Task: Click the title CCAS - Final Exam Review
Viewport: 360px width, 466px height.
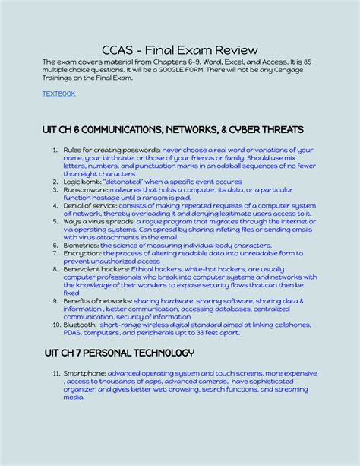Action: click(179, 50)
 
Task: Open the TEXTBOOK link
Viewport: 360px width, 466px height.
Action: click(58, 94)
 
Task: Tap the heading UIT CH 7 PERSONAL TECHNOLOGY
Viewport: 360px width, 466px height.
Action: click(118, 353)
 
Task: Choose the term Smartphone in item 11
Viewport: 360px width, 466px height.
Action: click(84, 374)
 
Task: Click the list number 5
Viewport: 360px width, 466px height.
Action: click(55, 222)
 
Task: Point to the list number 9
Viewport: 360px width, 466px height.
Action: click(55, 301)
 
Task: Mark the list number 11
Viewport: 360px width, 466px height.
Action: click(55, 374)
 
